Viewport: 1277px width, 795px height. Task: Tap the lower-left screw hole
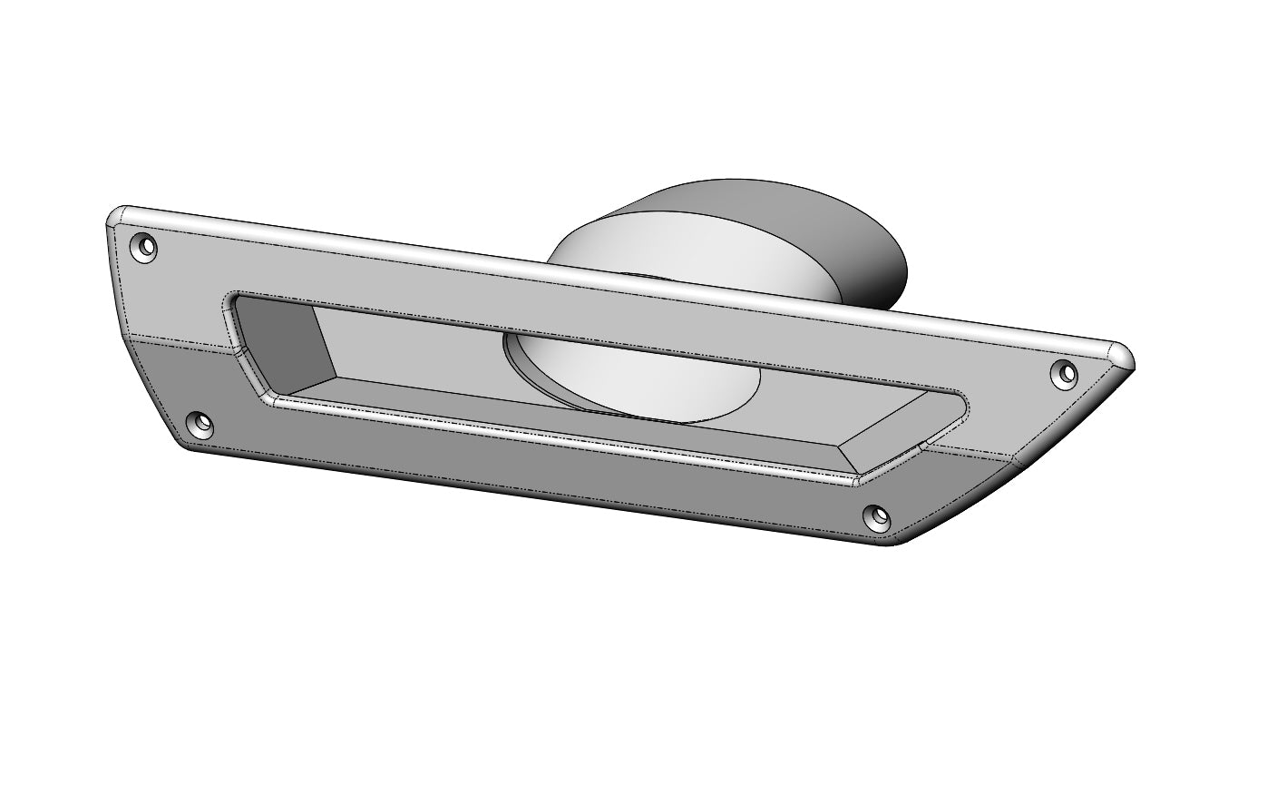(x=200, y=423)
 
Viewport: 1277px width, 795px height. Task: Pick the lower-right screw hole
(x=878, y=516)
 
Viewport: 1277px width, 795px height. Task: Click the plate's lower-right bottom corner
(x=893, y=543)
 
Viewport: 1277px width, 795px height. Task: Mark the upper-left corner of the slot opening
(x=234, y=297)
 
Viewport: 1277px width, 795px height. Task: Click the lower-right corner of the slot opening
(x=857, y=478)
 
